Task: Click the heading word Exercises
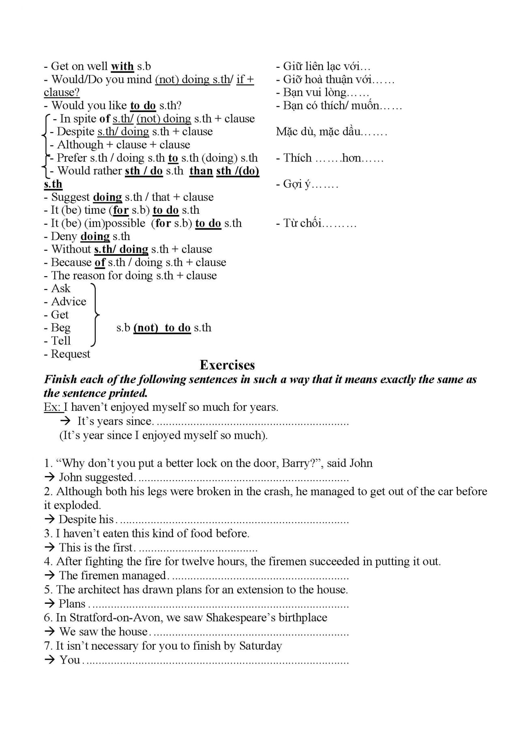coord(227,365)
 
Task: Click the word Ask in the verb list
coord(61,288)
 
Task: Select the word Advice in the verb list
coord(69,302)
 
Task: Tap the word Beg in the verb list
coord(60,328)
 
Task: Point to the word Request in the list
coord(71,354)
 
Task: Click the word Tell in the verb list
coord(61,341)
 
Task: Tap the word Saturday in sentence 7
coord(260,646)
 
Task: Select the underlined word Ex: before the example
coord(52,407)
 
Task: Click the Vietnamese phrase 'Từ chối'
coord(302,223)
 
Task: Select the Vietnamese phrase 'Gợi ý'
coord(297,184)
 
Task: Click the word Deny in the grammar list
coord(64,236)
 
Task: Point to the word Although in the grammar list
coord(80,145)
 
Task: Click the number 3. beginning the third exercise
coord(48,533)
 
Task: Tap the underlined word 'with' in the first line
coord(122,67)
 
